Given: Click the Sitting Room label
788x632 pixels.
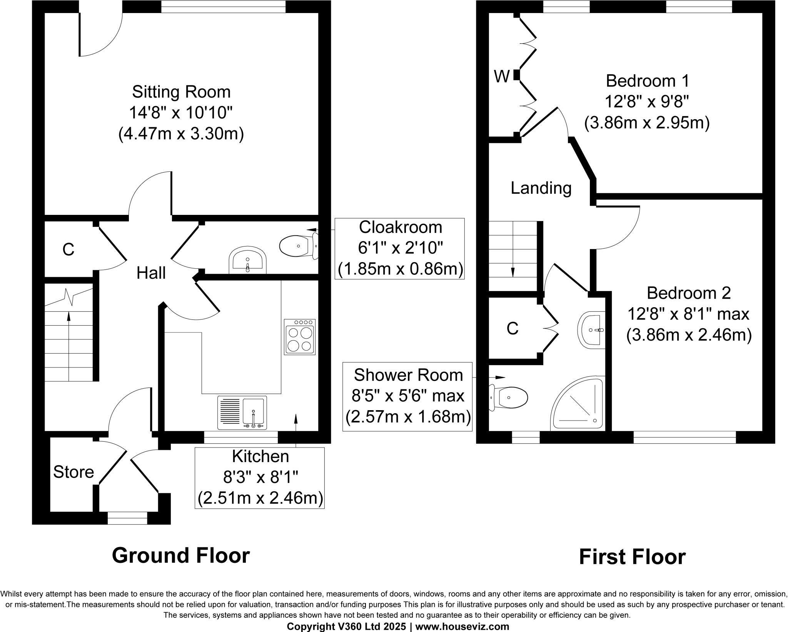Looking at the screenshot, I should (181, 92).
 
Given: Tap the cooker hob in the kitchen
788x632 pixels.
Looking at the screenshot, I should (300, 336).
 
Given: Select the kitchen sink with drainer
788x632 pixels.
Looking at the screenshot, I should (242, 412).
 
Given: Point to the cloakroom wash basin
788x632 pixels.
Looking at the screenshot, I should (247, 260).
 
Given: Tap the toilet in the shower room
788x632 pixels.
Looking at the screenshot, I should (509, 397).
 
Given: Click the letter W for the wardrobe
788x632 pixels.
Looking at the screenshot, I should (502, 77).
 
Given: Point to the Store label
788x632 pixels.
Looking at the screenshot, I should (73, 472).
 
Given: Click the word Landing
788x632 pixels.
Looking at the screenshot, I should (541, 188).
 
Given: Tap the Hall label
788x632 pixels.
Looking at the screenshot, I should (151, 273).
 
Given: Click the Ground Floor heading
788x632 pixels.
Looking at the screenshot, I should (181, 555).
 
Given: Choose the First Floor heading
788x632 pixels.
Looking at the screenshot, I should (632, 557).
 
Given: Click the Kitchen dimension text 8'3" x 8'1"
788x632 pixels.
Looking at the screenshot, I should (260, 478).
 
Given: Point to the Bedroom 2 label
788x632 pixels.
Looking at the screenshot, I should (688, 293).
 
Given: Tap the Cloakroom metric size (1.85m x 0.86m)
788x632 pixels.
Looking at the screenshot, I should (400, 269).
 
